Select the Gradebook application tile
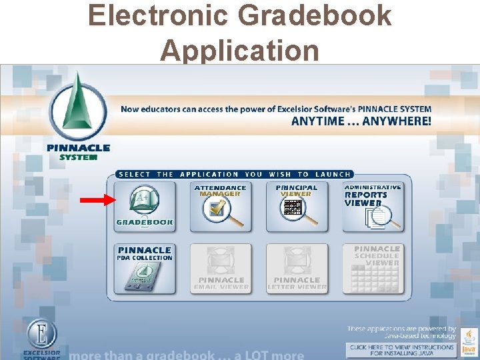tap(145, 207)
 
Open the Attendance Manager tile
tap(221, 207)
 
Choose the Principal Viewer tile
tap(297, 207)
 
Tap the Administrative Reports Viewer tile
tap(373, 207)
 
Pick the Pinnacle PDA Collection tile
tap(145, 269)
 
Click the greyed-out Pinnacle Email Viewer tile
tap(221, 269)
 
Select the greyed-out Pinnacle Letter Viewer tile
tap(297, 269)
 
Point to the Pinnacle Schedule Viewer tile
tap(373, 269)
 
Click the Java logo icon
tap(469, 339)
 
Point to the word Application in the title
tap(240, 50)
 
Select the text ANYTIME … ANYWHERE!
tap(361, 121)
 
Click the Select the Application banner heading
tap(233, 174)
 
